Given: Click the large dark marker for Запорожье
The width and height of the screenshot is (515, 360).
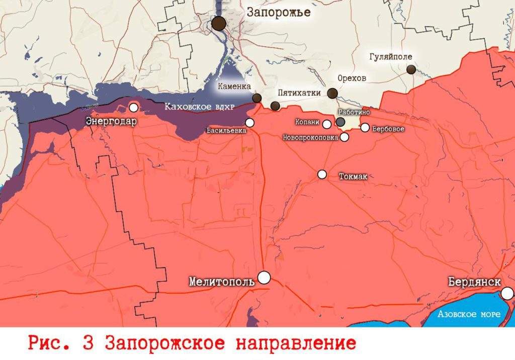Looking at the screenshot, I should pyautogui.click(x=219, y=23).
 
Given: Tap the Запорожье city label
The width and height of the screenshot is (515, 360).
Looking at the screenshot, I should pyautogui.click(x=279, y=13).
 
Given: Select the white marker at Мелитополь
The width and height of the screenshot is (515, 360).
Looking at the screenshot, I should pyautogui.click(x=264, y=277).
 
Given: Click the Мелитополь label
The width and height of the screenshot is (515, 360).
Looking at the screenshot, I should pyautogui.click(x=222, y=282).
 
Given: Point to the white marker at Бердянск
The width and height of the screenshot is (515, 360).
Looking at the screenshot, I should pyautogui.click(x=507, y=293).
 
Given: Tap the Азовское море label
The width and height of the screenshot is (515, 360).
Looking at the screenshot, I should pyautogui.click(x=469, y=314).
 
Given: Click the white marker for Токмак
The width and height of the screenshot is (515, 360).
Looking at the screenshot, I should pyautogui.click(x=322, y=174).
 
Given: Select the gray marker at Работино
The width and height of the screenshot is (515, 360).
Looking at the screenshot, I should pyautogui.click(x=340, y=122).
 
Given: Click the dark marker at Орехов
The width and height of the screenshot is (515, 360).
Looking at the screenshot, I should pyautogui.click(x=332, y=93).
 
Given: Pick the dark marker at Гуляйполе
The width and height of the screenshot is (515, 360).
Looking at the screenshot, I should pyautogui.click(x=411, y=69).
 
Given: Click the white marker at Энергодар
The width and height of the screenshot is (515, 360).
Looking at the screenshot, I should pyautogui.click(x=133, y=107).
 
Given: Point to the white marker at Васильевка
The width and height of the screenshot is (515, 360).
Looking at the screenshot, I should pyautogui.click(x=249, y=123).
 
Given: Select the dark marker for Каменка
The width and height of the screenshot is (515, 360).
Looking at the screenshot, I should pyautogui.click(x=256, y=98).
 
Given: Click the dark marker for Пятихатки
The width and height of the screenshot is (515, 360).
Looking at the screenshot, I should pyautogui.click(x=275, y=106).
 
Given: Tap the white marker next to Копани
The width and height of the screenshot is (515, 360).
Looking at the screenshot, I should pyautogui.click(x=326, y=124).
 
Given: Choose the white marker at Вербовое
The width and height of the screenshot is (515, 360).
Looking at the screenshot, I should pyautogui.click(x=365, y=128).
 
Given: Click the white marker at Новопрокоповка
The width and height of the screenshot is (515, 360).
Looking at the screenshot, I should pyautogui.click(x=345, y=137).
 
